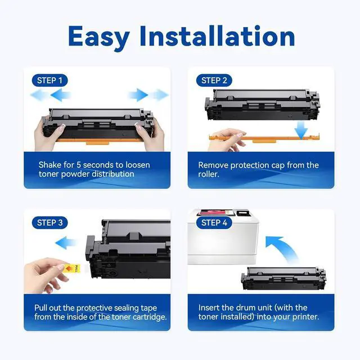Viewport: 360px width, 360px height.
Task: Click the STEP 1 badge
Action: click(49, 80)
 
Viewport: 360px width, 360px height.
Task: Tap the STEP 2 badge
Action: click(214, 80)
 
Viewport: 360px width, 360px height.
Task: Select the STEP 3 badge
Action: click(49, 223)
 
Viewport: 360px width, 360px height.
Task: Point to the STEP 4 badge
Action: click(214, 223)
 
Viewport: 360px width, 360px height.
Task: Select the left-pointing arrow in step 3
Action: click(67, 243)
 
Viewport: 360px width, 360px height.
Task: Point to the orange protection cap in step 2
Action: click(264, 137)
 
